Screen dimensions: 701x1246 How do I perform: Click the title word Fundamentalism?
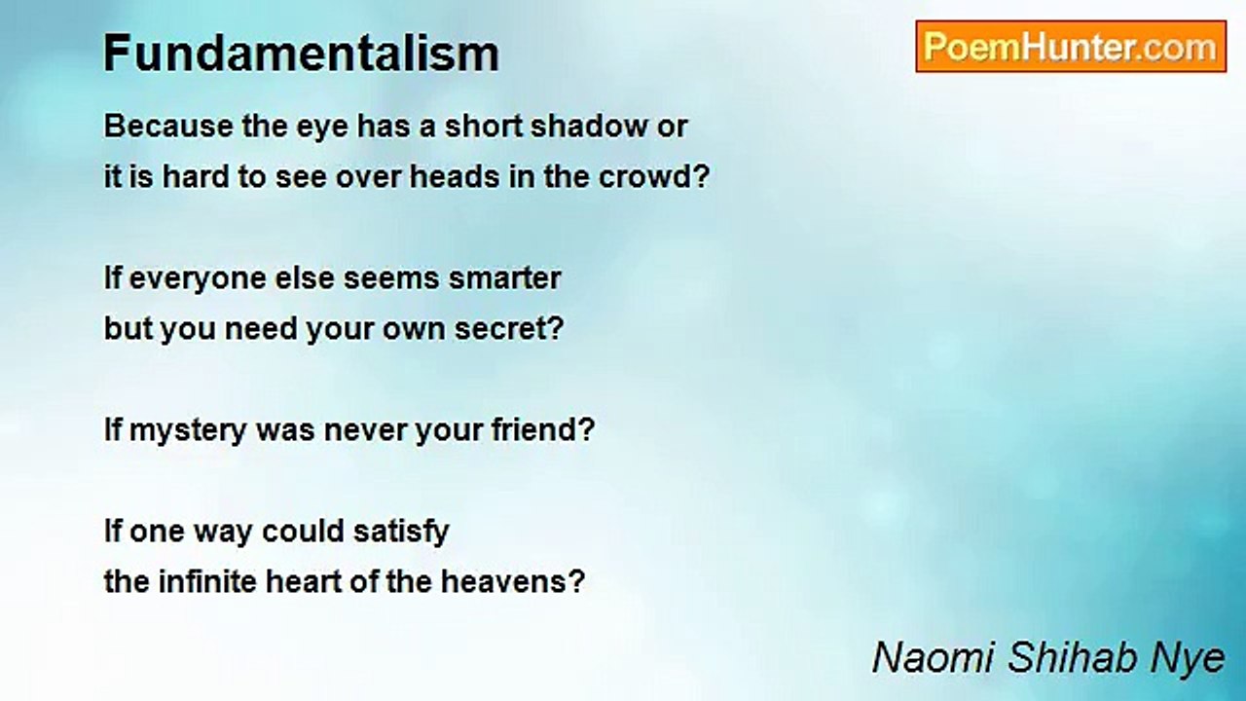301,54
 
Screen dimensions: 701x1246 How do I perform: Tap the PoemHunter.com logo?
1070,47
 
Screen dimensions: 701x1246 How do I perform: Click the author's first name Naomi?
932,657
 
